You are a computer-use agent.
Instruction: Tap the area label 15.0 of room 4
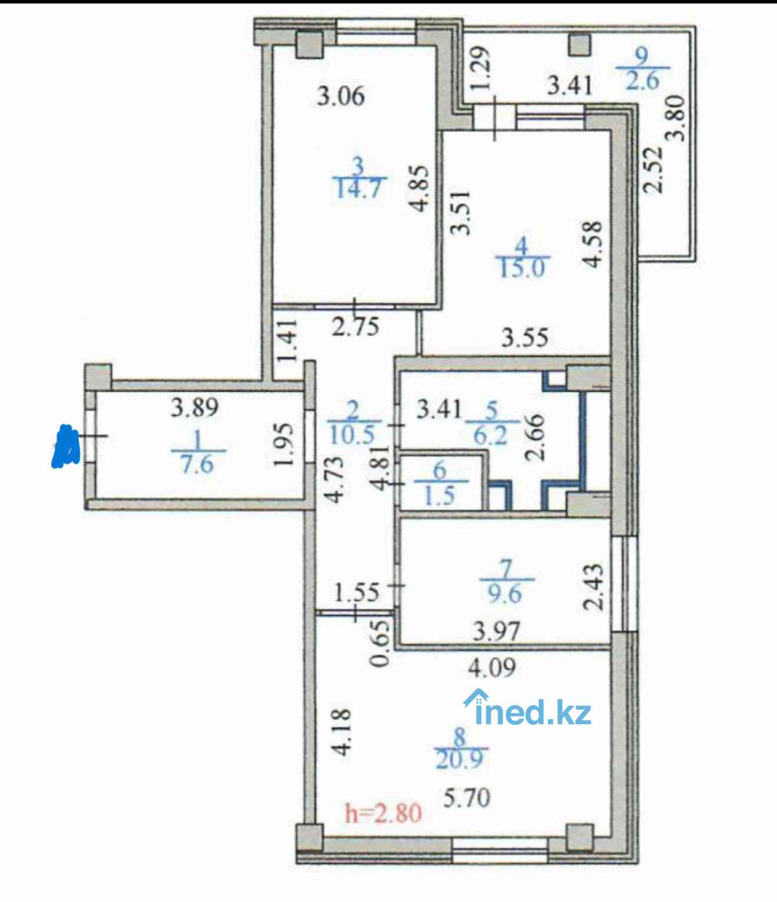[x=522, y=268]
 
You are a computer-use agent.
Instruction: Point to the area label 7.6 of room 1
[x=198, y=465]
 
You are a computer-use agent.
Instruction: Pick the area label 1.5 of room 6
[x=440, y=495]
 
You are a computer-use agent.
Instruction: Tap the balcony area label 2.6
[x=643, y=81]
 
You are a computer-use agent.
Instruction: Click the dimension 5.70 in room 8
[x=467, y=798]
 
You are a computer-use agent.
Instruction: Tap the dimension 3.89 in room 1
[x=195, y=408]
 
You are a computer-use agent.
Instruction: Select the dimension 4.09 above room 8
[x=492, y=667]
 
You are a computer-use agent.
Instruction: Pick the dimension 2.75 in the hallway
[x=355, y=327]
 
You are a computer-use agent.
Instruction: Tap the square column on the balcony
[x=580, y=45]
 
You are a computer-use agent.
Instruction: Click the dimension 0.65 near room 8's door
[x=381, y=643]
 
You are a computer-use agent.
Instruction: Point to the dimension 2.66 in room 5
[x=535, y=437]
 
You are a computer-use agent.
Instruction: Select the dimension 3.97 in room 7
[x=497, y=631]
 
